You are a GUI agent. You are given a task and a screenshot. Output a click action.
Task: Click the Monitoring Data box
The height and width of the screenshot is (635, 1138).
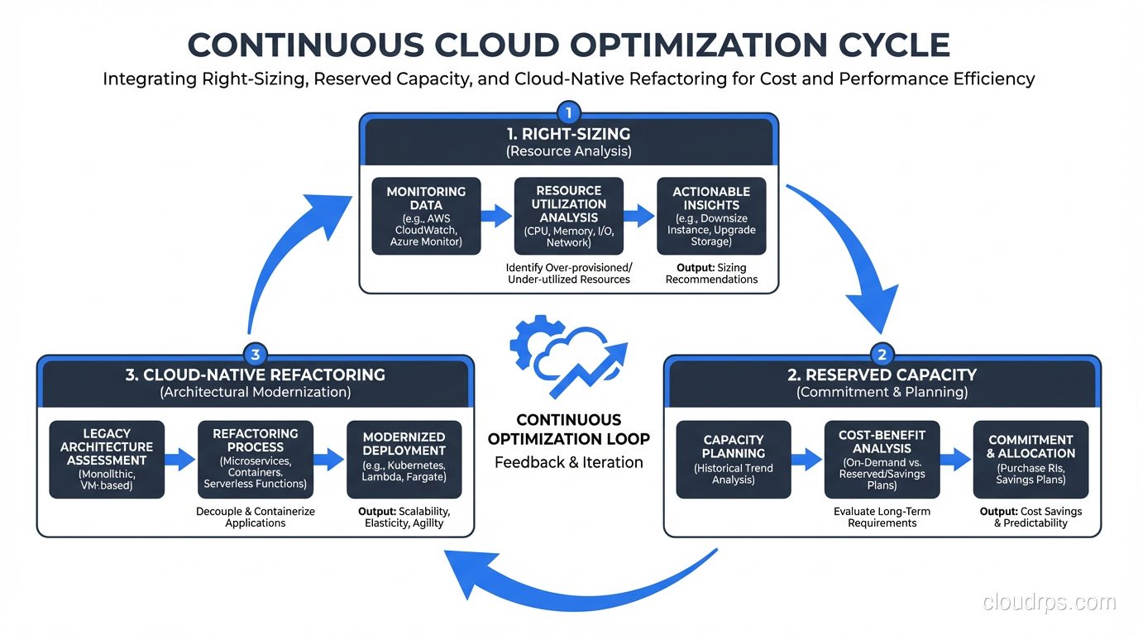click(x=426, y=217)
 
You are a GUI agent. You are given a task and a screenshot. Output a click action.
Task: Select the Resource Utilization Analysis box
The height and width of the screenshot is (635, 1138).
click(x=569, y=217)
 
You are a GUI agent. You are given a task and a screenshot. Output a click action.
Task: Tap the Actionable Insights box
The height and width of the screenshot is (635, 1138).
click(x=711, y=217)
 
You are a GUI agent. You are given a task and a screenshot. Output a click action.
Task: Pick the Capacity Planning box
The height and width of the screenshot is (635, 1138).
click(x=734, y=460)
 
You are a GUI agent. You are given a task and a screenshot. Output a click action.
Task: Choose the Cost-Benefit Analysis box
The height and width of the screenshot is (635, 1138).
click(x=882, y=460)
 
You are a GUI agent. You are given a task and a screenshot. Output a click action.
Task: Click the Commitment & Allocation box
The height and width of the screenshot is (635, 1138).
click(x=1030, y=460)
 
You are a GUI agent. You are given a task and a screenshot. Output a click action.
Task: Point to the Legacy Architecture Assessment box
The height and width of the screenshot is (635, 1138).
click(x=107, y=460)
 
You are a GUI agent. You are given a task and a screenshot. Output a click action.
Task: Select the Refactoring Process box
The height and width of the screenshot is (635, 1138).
click(x=256, y=460)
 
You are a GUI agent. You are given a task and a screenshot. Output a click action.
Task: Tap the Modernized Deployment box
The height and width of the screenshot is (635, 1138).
click(x=404, y=460)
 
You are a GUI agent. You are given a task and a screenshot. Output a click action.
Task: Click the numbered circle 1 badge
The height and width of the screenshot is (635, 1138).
click(x=568, y=112)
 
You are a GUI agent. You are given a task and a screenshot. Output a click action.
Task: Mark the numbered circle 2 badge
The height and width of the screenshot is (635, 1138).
click(x=882, y=355)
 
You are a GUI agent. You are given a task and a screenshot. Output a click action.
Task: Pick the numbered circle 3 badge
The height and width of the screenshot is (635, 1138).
click(x=255, y=355)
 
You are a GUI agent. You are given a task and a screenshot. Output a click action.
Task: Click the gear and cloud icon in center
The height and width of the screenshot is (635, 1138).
click(x=567, y=356)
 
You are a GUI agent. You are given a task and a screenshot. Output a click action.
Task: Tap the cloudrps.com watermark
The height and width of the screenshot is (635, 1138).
click(x=1049, y=602)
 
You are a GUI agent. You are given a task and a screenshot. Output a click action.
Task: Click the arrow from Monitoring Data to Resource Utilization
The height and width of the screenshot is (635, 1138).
click(x=496, y=217)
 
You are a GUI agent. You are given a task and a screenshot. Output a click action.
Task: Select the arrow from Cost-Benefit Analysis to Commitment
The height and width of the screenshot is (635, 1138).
click(x=956, y=460)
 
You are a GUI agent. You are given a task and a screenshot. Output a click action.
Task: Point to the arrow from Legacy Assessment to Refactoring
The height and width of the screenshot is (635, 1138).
click(x=180, y=460)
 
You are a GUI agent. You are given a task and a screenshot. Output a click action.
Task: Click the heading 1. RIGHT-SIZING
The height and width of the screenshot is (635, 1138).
click(x=568, y=134)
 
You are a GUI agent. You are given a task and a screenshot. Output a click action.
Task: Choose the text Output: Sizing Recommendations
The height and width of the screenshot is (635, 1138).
click(x=711, y=273)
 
